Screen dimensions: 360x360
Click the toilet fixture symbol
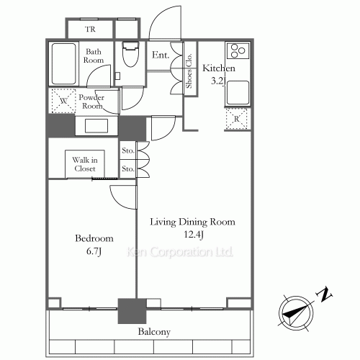coord(130,54)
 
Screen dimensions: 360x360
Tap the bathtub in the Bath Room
coord(63,64)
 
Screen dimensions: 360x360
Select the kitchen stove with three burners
coord(238,50)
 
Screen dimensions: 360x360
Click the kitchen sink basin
coord(238,93)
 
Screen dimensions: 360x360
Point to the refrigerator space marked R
coord(237,119)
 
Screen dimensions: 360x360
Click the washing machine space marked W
coord(63,101)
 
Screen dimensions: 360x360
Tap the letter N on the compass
coord(325,294)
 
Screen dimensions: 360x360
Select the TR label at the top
coord(90,30)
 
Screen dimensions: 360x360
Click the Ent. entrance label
coord(161,55)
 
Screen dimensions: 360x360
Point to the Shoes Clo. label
coord(189,71)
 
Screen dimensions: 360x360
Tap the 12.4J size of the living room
coord(194,235)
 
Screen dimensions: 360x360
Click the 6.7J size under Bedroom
coord(94,251)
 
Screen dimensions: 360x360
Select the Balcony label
coord(154,332)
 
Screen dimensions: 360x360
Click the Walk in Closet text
coord(85,164)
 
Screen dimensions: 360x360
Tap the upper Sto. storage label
coord(128,150)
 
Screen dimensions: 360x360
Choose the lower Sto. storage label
coord(128,168)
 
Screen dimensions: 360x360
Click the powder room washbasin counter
coord(96,126)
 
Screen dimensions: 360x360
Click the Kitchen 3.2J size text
coord(218,81)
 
